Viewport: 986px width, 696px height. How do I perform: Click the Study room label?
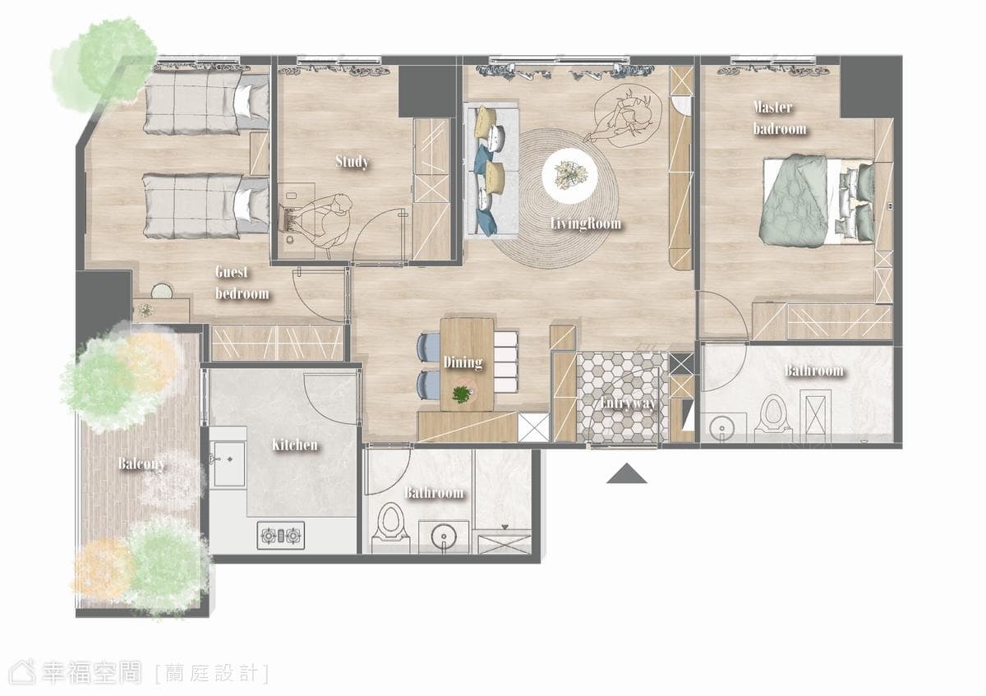352,162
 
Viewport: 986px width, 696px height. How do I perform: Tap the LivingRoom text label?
586,224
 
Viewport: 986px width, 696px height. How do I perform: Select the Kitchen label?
294,445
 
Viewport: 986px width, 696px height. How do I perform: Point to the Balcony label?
141,463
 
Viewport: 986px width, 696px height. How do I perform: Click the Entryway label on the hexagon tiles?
627,403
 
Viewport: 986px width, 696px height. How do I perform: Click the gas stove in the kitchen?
280,535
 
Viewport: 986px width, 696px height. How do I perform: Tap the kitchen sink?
229,464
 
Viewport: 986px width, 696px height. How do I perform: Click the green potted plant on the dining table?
462,393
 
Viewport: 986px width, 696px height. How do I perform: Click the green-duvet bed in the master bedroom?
818,201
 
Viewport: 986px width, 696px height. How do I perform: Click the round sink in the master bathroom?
722,427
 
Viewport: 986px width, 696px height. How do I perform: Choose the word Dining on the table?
463,362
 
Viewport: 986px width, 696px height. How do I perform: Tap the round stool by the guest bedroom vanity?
162,291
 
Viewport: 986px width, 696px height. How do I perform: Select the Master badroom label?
780,118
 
